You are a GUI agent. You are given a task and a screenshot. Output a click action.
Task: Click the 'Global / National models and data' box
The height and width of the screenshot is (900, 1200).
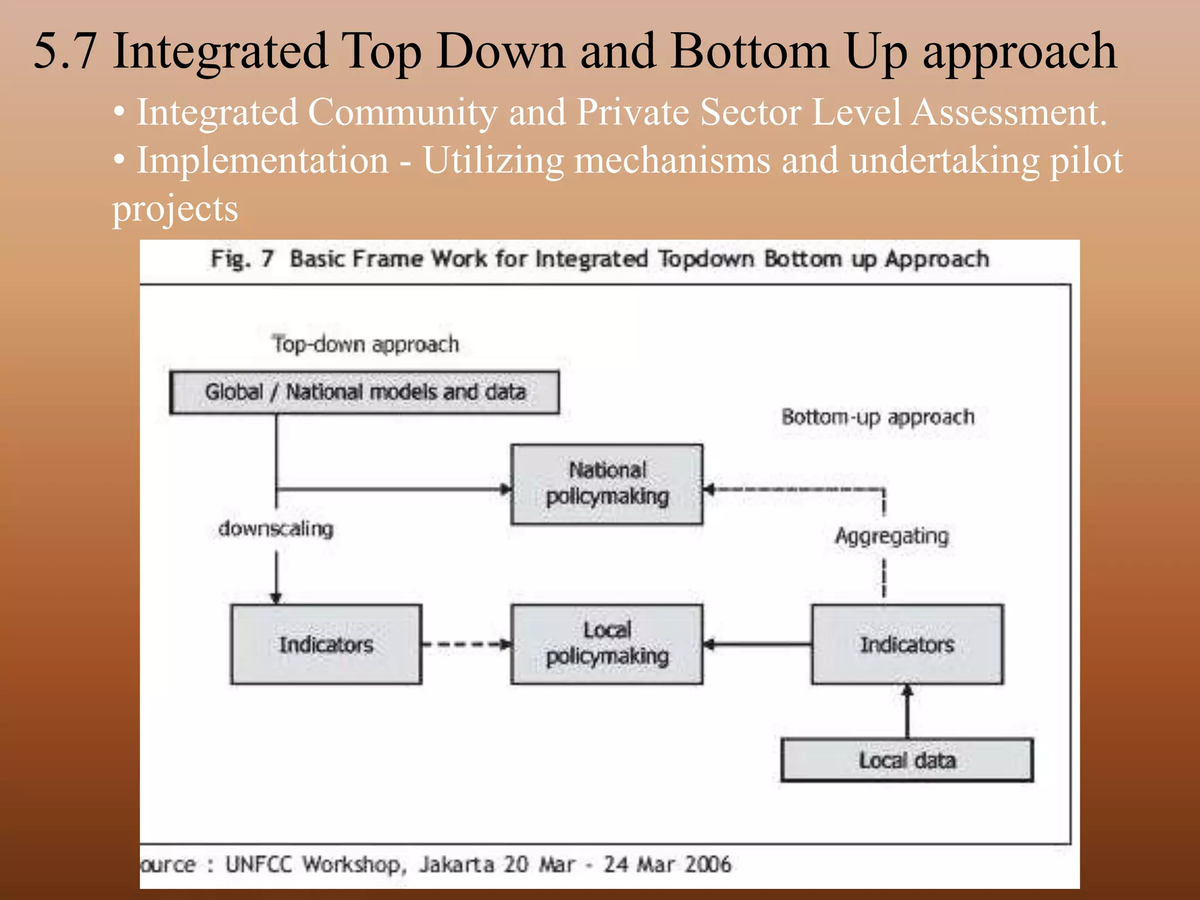click(364, 392)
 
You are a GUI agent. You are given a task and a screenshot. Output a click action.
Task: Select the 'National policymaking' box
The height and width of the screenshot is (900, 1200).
click(607, 484)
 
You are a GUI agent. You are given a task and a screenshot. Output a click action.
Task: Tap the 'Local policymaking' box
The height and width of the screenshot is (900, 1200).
click(607, 644)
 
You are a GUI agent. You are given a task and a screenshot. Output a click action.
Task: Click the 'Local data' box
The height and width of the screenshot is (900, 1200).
click(907, 761)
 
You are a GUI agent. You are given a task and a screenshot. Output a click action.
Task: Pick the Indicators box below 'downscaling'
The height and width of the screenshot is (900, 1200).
click(326, 645)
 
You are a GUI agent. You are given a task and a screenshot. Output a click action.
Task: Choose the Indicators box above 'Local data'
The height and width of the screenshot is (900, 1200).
click(907, 645)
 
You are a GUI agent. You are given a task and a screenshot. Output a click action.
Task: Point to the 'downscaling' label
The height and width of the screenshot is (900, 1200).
click(275, 529)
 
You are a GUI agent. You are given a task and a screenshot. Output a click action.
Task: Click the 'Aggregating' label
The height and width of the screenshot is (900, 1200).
click(891, 536)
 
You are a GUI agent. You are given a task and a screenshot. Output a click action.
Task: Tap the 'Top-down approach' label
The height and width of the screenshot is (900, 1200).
click(365, 344)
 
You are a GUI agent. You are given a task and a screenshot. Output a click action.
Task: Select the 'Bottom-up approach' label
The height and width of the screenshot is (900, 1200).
click(878, 417)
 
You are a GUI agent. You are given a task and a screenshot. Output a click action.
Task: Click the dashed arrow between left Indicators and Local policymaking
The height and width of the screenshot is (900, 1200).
click(466, 645)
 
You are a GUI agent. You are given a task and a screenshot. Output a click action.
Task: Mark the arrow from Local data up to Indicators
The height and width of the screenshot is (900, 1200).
click(908, 711)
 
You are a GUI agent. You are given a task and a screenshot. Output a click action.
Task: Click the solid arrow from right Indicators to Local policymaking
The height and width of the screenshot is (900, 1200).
click(757, 645)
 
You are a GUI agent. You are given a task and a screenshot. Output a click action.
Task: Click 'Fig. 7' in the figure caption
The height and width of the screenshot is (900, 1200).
click(242, 258)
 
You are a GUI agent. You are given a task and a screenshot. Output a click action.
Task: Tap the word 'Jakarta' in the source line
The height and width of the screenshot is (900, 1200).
click(456, 864)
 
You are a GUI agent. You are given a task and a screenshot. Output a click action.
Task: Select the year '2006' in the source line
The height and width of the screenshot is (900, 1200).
click(708, 864)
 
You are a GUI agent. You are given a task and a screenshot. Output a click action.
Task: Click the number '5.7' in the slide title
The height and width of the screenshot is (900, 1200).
click(65, 52)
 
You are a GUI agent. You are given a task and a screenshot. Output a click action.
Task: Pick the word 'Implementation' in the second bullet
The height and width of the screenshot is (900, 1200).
click(262, 160)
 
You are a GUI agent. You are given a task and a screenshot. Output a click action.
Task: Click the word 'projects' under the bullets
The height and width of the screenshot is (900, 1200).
click(175, 209)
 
